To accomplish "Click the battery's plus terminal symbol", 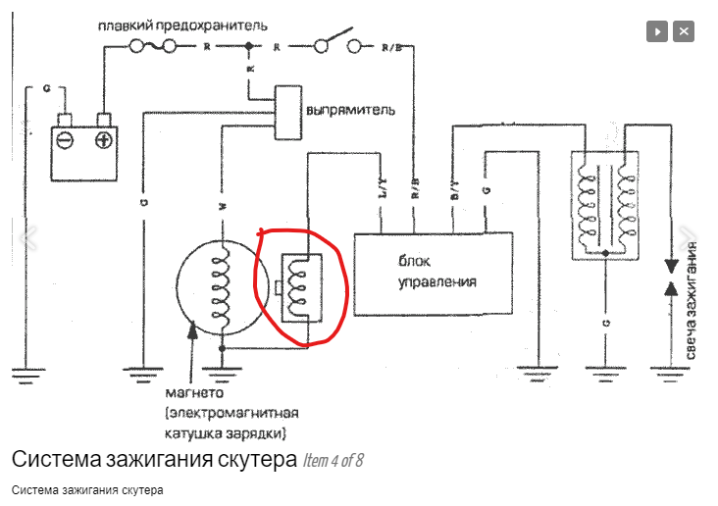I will click(x=101, y=140).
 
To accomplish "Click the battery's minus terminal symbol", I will click(x=65, y=140).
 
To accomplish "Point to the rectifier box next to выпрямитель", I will click(x=287, y=110).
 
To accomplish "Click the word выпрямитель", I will click(x=352, y=110).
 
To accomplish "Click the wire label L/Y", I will click(x=384, y=190).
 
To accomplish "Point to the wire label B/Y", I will click(x=452, y=190).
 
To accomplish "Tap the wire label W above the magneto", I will click(x=223, y=206).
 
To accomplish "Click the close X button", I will click(x=684, y=31).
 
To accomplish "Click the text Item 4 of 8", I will click(x=333, y=460).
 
